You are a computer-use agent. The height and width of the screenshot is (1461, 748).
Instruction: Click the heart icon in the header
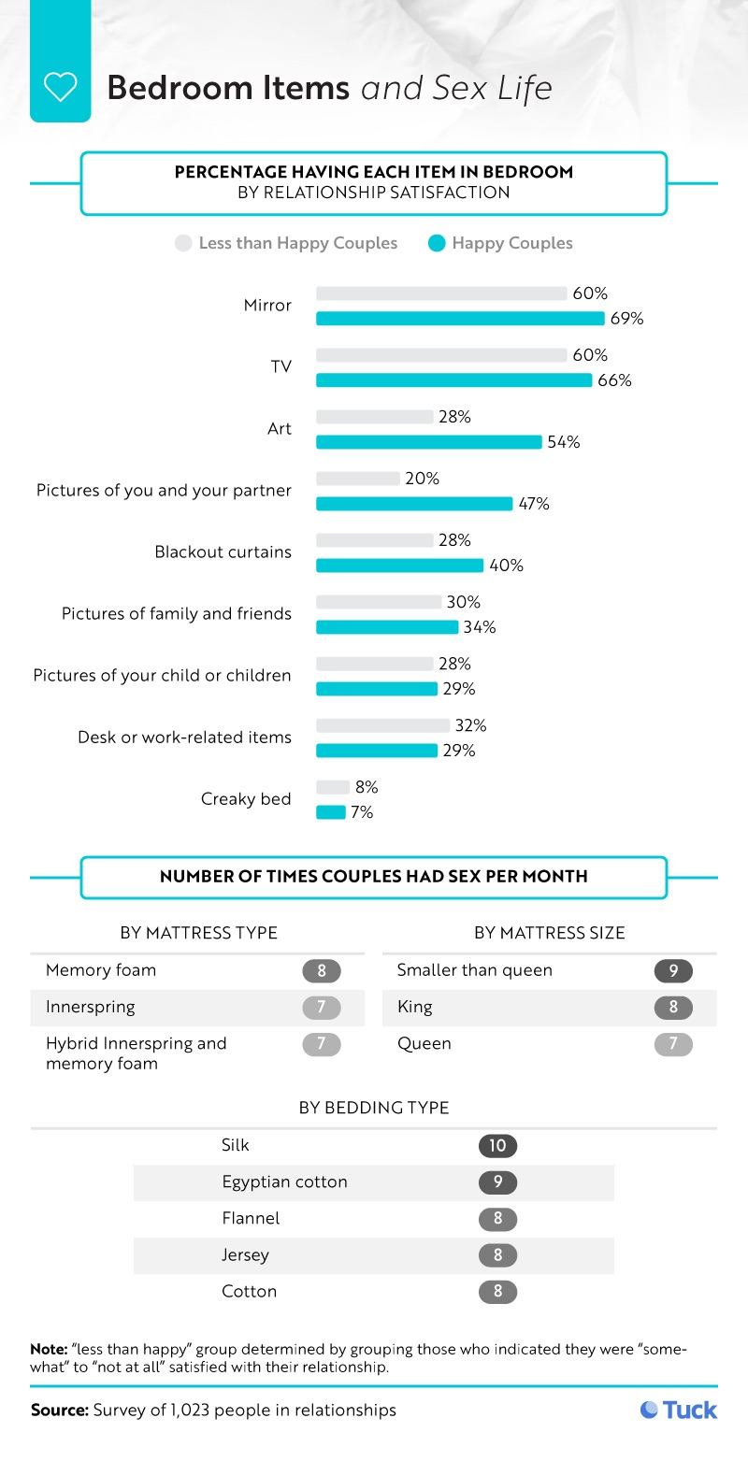coord(60,88)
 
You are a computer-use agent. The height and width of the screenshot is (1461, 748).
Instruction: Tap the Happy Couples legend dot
coord(437,244)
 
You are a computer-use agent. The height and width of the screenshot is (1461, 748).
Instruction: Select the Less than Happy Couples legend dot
coord(183,244)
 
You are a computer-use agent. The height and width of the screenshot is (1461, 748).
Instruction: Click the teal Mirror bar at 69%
coord(460,319)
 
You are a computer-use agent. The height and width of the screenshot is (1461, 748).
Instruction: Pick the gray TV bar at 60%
coord(441,355)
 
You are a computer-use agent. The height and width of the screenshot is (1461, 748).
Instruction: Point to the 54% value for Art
coord(564,442)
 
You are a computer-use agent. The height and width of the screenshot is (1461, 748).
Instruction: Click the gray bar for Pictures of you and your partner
coord(357,479)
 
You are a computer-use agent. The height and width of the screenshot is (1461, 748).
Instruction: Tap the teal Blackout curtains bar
coord(399,566)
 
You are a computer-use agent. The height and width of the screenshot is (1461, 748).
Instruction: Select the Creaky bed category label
coord(246,799)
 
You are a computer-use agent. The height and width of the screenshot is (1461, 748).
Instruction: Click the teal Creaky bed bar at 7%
coord(331,812)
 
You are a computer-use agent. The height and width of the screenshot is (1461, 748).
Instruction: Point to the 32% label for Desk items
coord(470,725)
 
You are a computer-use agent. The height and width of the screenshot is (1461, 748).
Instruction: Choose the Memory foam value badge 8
coord(322,970)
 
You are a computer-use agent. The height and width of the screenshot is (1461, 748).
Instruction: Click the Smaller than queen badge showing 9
coord(673,970)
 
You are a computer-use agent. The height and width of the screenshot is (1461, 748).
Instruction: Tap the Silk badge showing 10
coord(497,1145)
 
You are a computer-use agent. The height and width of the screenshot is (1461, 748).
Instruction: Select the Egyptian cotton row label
coord(284,1182)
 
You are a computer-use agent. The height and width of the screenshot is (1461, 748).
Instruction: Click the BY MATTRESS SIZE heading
coord(549,933)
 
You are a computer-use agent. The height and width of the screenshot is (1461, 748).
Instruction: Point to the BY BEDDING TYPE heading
coord(374,1108)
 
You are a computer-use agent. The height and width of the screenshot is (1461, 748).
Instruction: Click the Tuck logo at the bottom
coord(679,1410)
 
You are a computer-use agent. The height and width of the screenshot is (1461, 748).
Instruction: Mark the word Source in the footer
coord(59,1410)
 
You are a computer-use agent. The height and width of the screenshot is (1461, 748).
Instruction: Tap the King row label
coord(414,1007)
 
